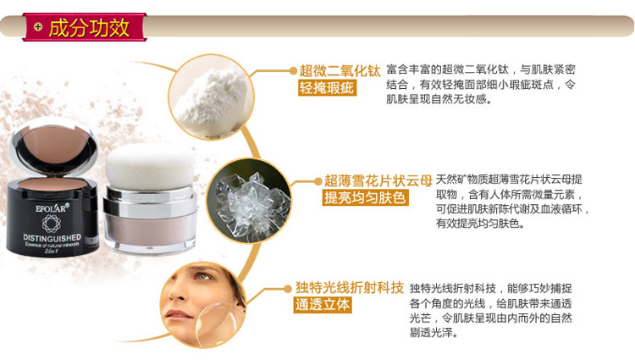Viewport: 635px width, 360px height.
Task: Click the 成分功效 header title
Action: pyautogui.click(x=89, y=28)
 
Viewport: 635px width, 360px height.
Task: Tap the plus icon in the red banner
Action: pyautogui.click(x=38, y=27)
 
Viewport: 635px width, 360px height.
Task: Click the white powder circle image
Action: pyautogui.click(x=212, y=97)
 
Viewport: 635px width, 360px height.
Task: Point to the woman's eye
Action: pyautogui.click(x=202, y=277)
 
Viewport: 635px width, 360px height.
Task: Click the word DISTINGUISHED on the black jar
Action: pyautogui.click(x=52, y=238)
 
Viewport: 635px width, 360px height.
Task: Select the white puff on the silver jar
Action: pyautogui.click(x=149, y=166)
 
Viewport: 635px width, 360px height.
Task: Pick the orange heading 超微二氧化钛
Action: pyautogui.click(x=340, y=71)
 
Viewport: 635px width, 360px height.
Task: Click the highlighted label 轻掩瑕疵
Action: pyautogui.click(x=327, y=87)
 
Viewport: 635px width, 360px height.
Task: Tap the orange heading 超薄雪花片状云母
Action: pyautogui.click(x=378, y=180)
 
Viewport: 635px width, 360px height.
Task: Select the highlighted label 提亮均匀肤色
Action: pyautogui.click(x=365, y=197)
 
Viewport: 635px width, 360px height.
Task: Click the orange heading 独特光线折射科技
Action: pyautogui.click(x=349, y=287)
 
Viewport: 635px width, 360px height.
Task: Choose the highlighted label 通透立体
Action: pyautogui.click(x=323, y=305)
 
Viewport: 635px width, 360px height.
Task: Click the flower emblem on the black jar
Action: pyautogui.click(x=52, y=224)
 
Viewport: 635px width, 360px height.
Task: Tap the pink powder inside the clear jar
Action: pyautogui.click(x=150, y=228)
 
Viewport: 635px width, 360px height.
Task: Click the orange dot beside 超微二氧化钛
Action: pyautogui.click(x=293, y=71)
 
